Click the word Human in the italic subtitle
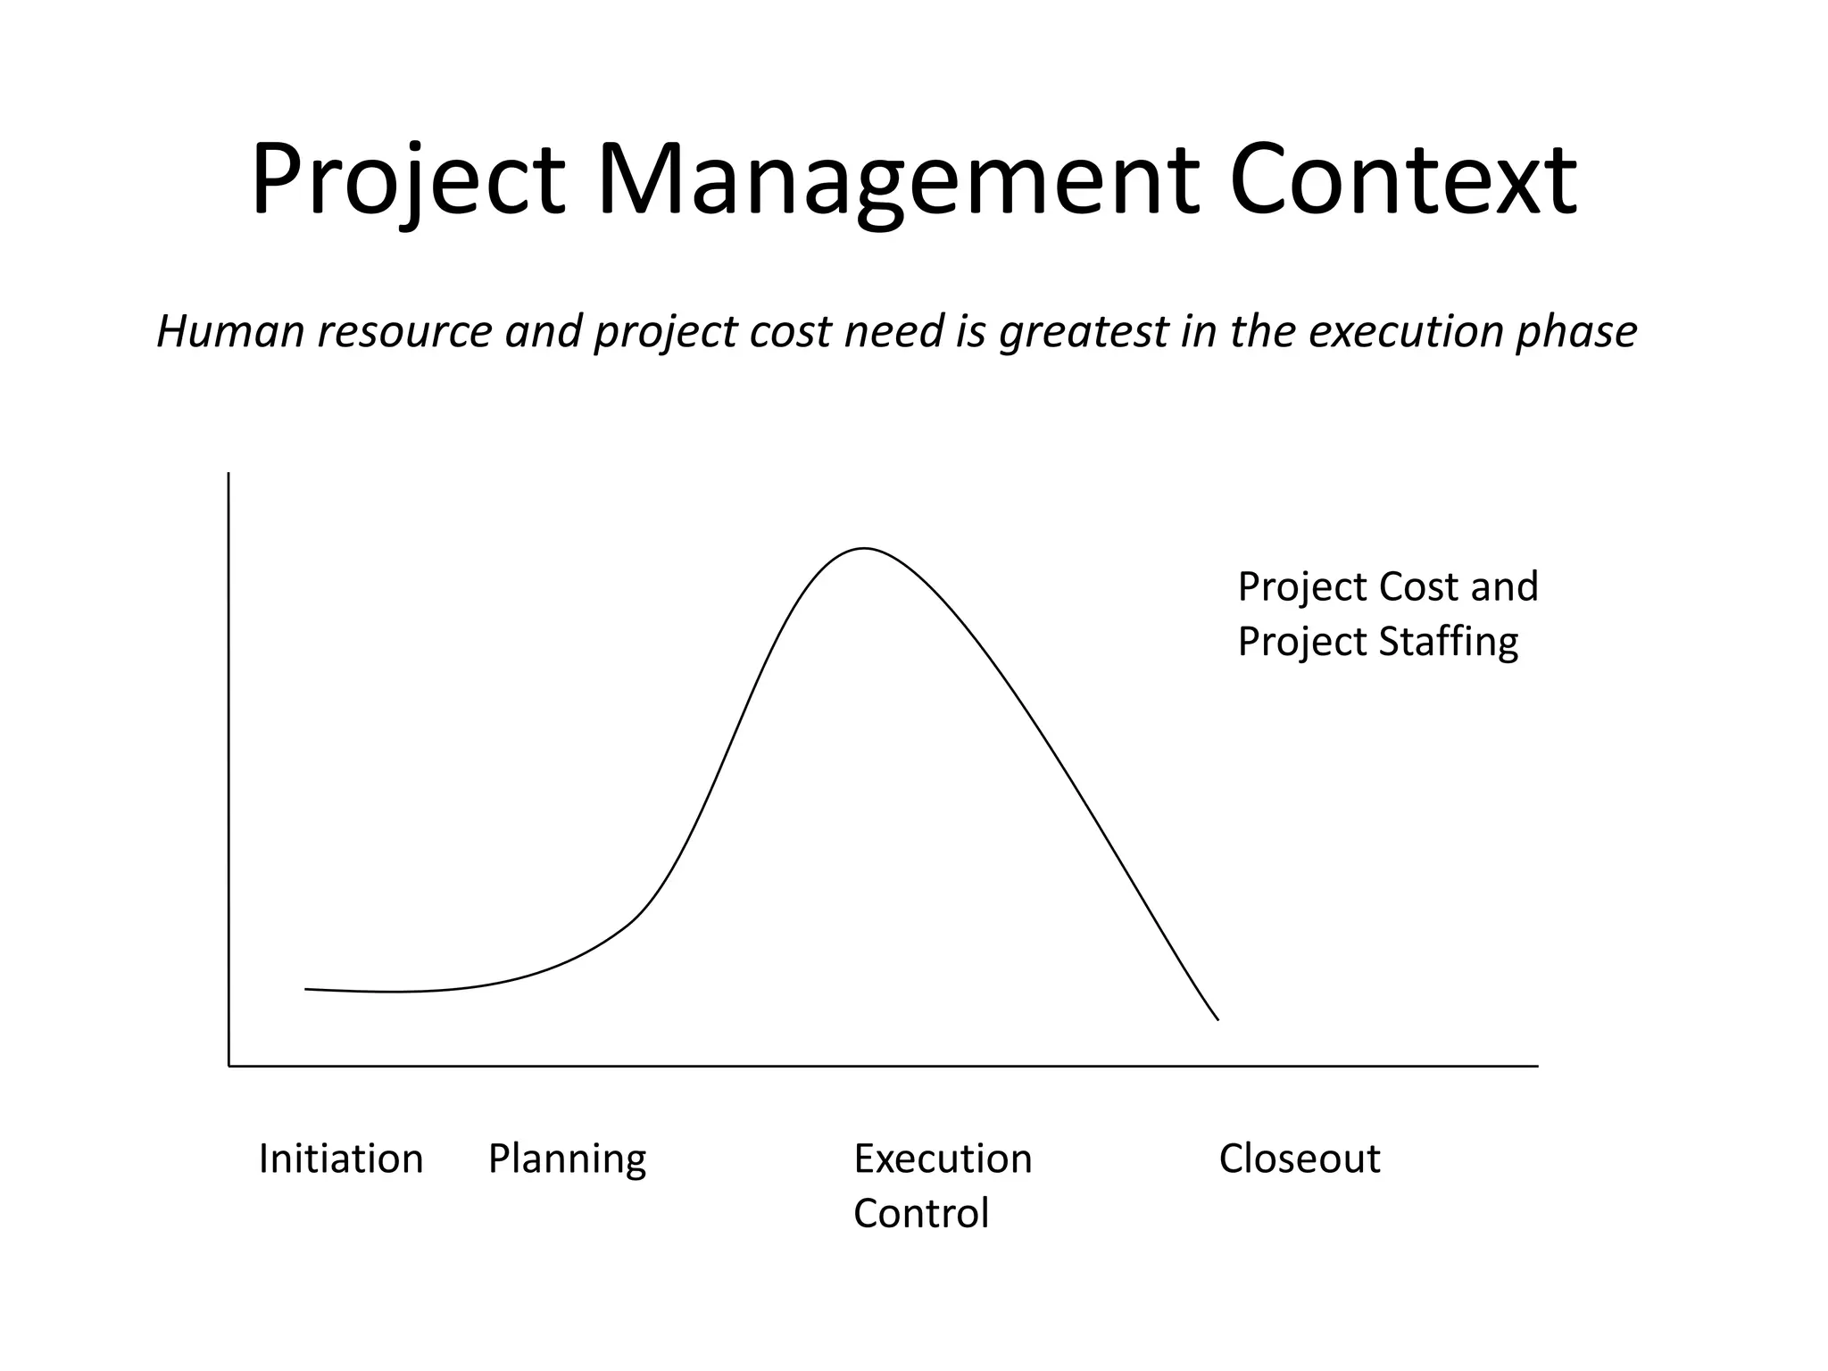pos(230,331)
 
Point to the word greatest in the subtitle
pos(1083,333)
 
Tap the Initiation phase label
pos(340,1159)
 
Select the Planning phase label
pos(567,1160)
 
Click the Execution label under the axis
pos(943,1159)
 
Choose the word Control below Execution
pos(920,1213)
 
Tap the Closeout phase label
pos(1299,1159)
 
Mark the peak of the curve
pos(863,548)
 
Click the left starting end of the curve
pos(306,989)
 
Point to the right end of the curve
pos(1218,1019)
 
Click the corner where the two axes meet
pos(229,1066)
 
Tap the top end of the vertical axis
pos(229,474)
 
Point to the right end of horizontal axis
pos(1537,1066)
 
